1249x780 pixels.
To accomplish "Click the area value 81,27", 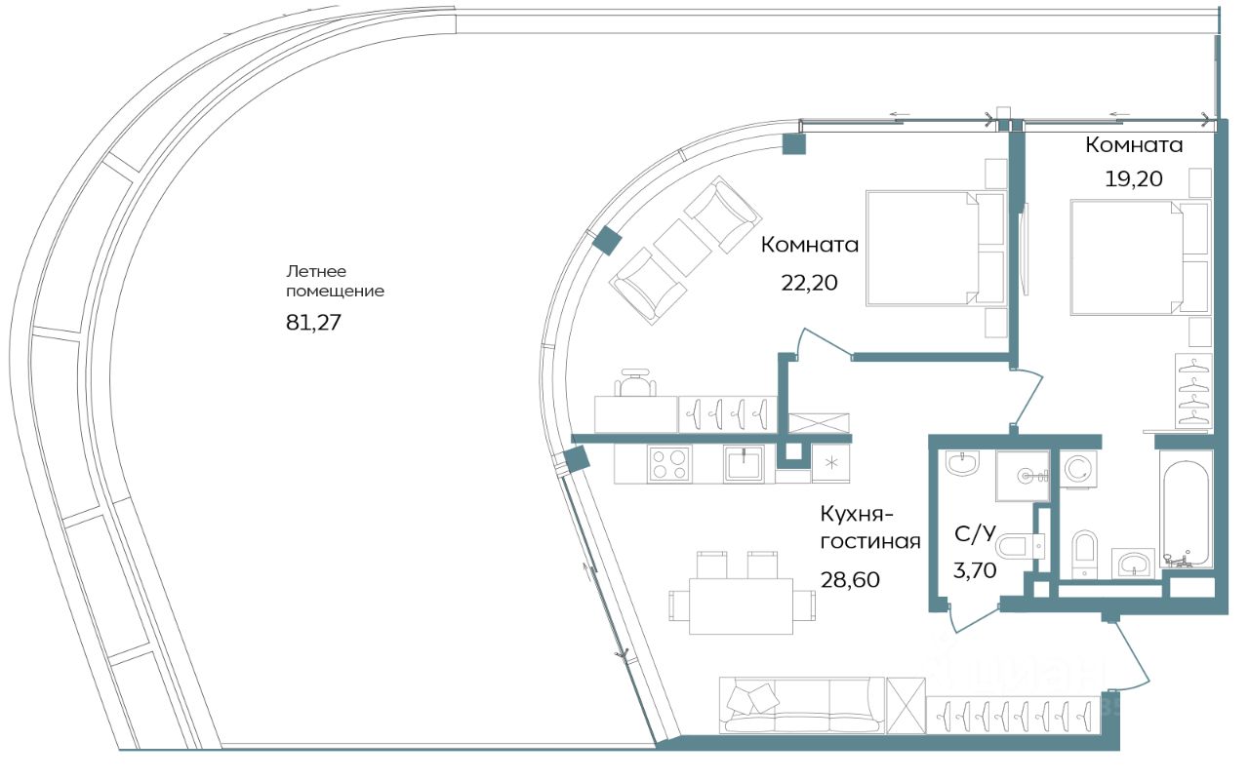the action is [x=313, y=323].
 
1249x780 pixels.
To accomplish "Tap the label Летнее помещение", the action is [x=335, y=281].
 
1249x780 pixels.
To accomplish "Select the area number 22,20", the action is [x=809, y=283].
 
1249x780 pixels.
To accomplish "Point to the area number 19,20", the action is [x=1134, y=178].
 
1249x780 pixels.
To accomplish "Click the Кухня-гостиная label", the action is [x=869, y=527].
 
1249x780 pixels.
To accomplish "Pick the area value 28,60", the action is [x=850, y=580].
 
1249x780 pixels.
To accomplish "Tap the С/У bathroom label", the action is [x=975, y=533].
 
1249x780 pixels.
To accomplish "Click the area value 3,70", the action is [x=975, y=570].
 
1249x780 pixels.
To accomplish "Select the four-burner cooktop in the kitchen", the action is [x=669, y=463].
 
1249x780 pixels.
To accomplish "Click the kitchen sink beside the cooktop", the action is [x=744, y=463].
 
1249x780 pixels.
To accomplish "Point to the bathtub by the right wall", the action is [x=1186, y=509].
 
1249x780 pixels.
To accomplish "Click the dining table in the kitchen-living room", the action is [x=741, y=606].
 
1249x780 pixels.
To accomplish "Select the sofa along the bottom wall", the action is [x=802, y=705].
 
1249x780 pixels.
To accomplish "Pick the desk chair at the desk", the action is [x=635, y=383].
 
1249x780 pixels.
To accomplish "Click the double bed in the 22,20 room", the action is [x=935, y=249].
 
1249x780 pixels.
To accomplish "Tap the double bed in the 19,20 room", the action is [x=1140, y=257].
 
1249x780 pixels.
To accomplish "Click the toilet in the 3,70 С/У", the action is [x=1020, y=547].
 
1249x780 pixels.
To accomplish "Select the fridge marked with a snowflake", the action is [x=830, y=462].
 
